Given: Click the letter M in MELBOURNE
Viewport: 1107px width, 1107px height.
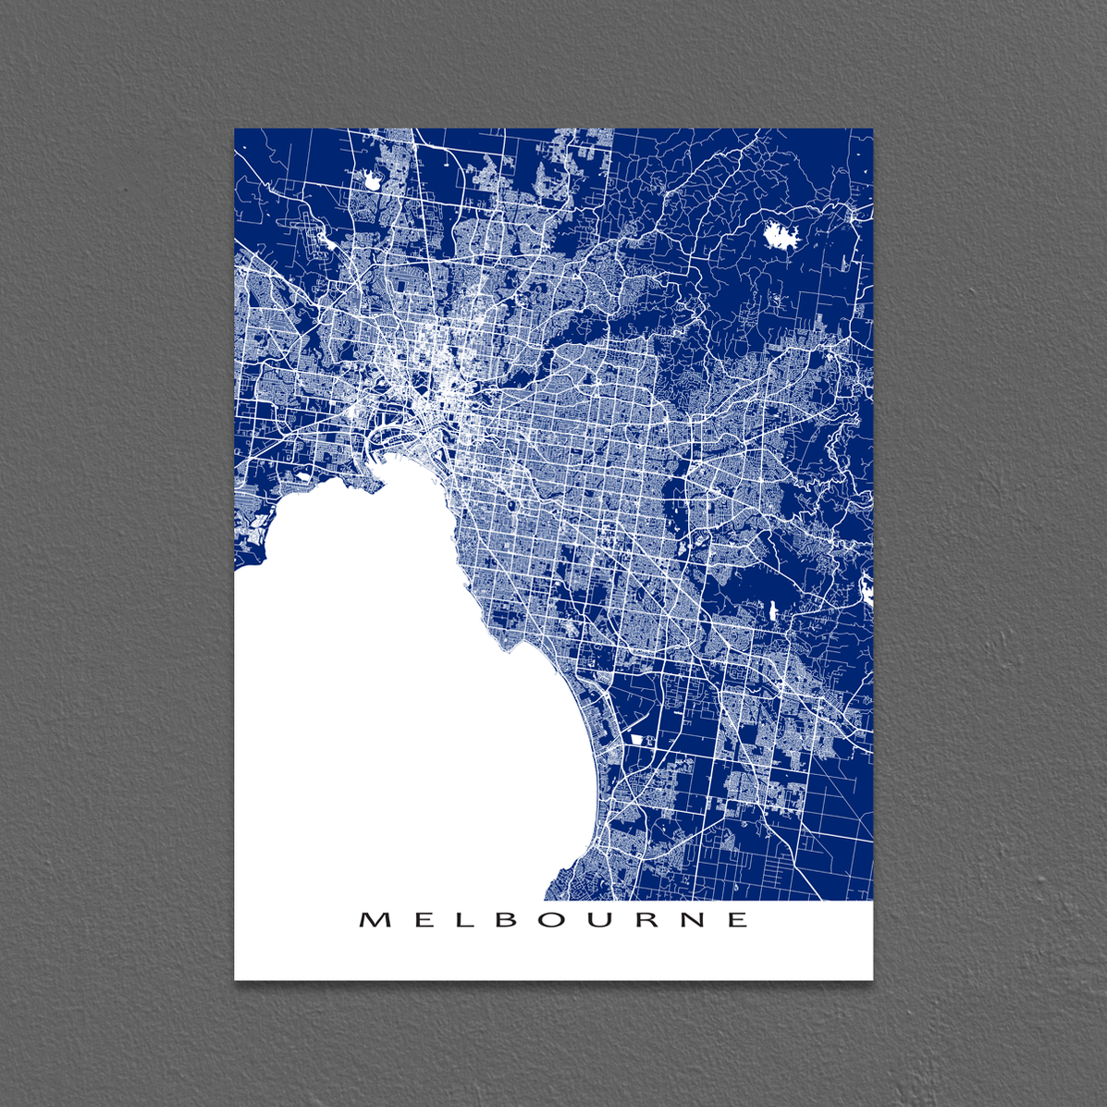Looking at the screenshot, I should [372, 919].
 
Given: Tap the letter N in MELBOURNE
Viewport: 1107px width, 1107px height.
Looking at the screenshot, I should [694, 919].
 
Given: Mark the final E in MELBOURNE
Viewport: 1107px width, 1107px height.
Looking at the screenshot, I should [739, 919].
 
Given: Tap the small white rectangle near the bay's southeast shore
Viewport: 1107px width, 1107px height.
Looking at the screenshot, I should [638, 738].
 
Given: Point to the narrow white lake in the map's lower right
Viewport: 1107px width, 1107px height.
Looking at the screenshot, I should [773, 609].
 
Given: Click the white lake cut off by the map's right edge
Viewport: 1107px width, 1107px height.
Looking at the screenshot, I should [867, 589].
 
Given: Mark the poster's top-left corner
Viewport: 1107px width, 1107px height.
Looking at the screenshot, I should [235, 129].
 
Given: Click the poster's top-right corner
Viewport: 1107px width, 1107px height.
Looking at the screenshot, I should [872, 129].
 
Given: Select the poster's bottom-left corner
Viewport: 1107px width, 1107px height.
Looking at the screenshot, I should [235, 978].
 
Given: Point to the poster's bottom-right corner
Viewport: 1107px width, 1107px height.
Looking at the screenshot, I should [872, 978].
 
